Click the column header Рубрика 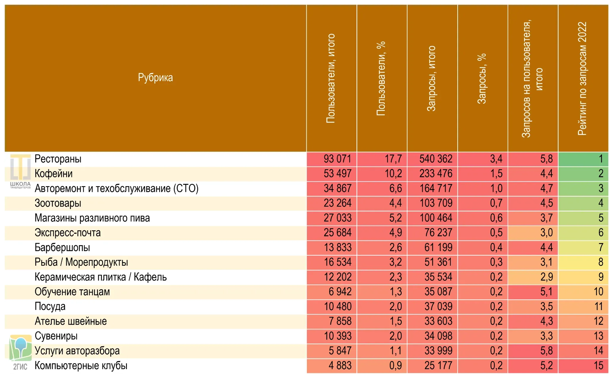(x=155, y=78)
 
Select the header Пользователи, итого (x=330, y=78)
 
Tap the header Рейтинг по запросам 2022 (x=582, y=79)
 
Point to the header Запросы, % (x=482, y=79)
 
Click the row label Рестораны (x=58, y=159)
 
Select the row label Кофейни (x=53, y=174)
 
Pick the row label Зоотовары (x=58, y=203)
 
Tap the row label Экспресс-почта (x=68, y=233)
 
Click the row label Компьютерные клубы (x=81, y=366)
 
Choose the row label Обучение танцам (x=72, y=292)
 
